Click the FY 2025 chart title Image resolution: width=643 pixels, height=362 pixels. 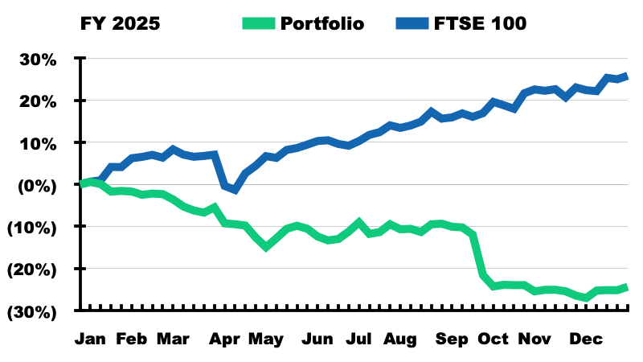(x=120, y=23)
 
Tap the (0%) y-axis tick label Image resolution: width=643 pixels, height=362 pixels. (x=36, y=185)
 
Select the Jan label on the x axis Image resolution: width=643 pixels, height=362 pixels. (x=90, y=339)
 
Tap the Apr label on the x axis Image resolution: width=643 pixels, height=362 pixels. (x=226, y=339)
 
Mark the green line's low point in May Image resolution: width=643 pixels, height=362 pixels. (x=266, y=247)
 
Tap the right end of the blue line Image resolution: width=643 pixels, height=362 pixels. (x=627, y=76)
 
